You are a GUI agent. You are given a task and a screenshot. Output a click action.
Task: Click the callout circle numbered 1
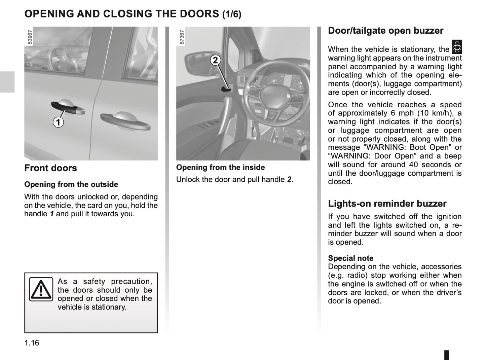pos(58,122)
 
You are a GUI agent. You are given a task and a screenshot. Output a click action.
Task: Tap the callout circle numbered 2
pos(215,60)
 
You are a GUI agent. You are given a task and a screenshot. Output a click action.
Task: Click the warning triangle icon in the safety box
pos(41,289)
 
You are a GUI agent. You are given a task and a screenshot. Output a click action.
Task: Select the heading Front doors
pos(50,168)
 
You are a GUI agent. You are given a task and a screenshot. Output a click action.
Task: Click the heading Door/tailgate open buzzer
pos(385,31)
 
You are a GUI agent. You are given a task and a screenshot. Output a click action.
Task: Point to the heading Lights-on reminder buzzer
pos(387,204)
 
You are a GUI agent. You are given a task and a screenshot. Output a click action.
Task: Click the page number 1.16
pos(32,343)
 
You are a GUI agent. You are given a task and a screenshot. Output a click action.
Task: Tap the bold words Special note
pos(350,258)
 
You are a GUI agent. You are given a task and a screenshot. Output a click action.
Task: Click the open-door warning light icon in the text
pos(457,47)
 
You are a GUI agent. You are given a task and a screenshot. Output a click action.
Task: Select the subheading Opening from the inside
pos(220,167)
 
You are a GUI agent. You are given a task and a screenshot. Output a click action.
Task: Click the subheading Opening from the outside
pos(71,184)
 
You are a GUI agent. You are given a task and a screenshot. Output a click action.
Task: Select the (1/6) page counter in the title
pos(232,14)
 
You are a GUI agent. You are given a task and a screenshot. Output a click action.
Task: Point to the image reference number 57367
pos(182,37)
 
